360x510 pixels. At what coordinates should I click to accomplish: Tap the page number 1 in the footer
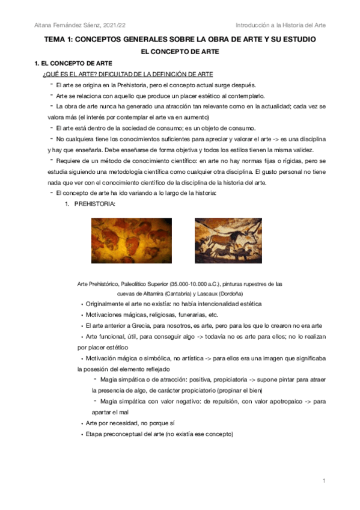click(323, 481)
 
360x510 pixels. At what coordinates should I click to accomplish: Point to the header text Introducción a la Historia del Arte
click(281, 25)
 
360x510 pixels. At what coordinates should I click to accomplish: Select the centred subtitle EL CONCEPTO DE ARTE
click(180, 52)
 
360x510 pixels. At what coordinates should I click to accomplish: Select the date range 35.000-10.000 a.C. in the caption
click(203, 283)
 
